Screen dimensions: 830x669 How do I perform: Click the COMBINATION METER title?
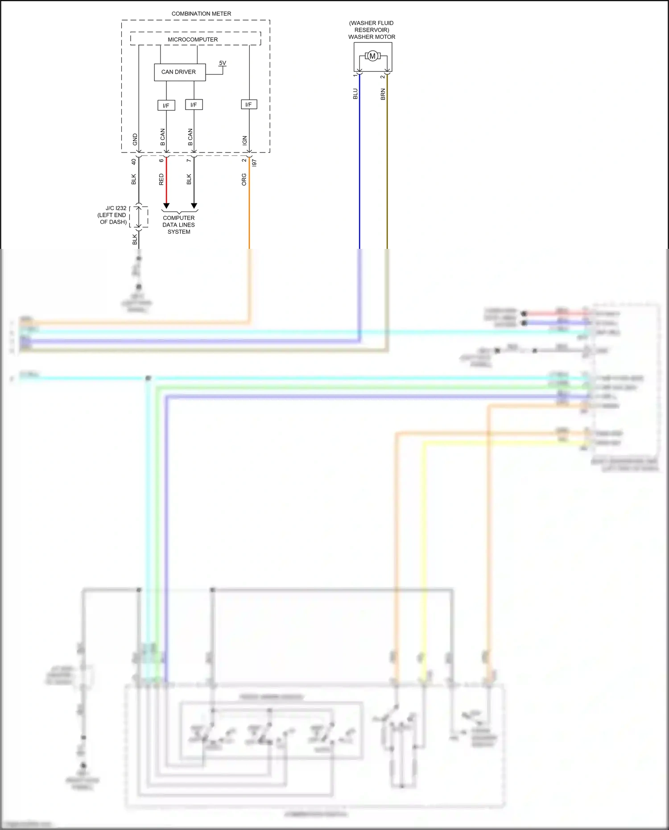tap(201, 14)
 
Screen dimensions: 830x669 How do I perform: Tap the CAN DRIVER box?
tap(179, 72)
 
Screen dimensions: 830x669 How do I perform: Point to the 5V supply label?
tap(223, 63)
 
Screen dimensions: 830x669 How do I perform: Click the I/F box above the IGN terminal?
tap(249, 104)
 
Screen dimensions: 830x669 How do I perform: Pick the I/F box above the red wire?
tap(166, 105)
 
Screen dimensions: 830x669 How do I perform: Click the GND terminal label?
tap(135, 140)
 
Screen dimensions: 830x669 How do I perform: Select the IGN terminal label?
tap(244, 140)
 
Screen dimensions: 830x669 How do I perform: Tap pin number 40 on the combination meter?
tap(133, 161)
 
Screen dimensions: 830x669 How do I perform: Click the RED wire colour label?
tap(161, 179)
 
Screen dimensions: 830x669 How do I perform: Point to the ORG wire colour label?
tap(244, 179)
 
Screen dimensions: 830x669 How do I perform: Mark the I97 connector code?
tap(254, 163)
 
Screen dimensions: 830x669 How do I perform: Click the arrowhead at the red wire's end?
tap(166, 206)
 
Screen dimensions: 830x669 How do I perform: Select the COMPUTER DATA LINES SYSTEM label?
tap(179, 225)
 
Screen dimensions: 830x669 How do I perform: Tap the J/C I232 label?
tap(116, 208)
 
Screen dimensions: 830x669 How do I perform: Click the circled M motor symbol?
tap(372, 56)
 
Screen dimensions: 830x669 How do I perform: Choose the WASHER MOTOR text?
tap(372, 37)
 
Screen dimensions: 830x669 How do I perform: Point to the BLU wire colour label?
tap(355, 94)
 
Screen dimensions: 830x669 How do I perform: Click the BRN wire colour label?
tap(383, 94)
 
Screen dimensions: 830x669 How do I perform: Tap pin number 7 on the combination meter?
tap(189, 160)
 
